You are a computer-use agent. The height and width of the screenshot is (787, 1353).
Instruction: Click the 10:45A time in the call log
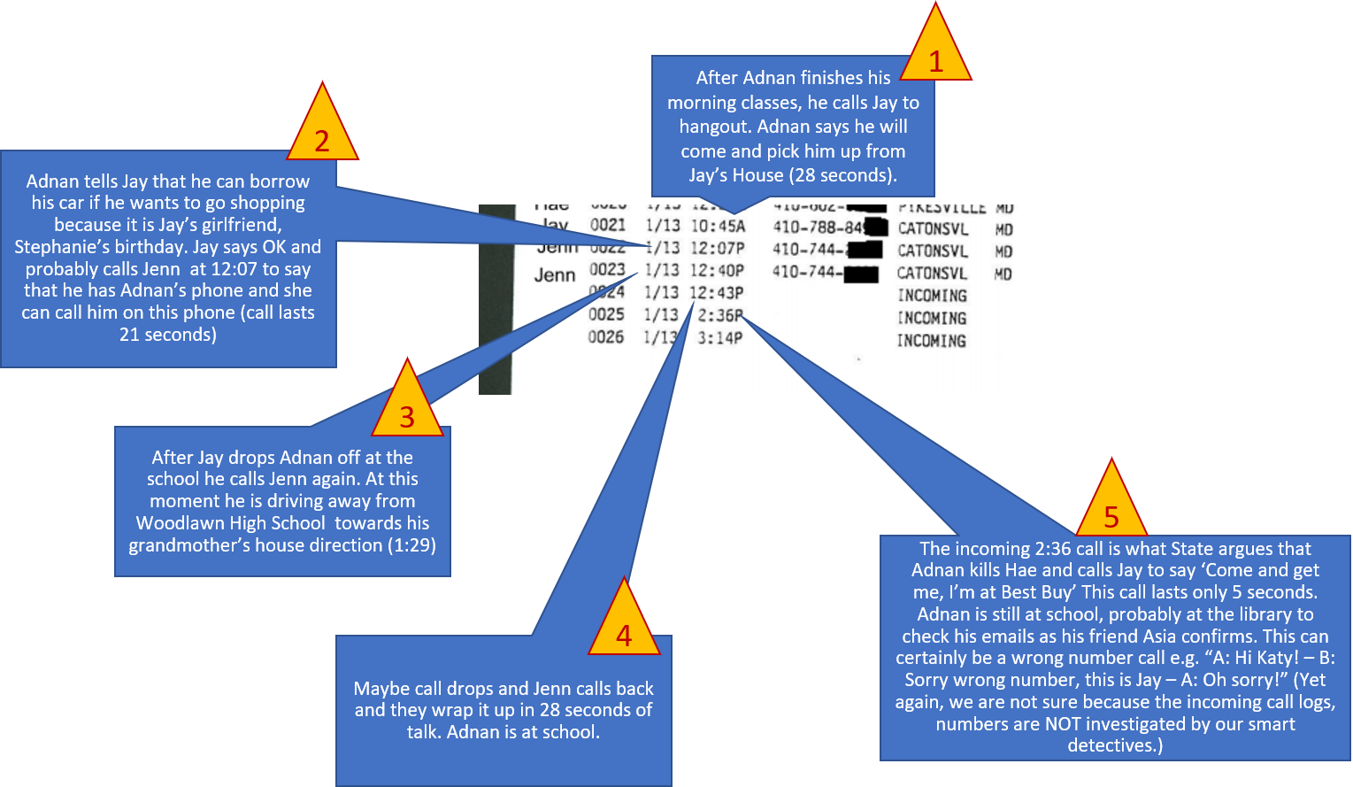(x=718, y=227)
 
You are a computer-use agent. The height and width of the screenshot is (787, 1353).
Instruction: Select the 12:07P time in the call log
(x=718, y=249)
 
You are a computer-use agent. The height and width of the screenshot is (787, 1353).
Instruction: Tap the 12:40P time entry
(x=718, y=271)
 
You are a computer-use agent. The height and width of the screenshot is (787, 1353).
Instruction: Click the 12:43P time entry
(x=718, y=293)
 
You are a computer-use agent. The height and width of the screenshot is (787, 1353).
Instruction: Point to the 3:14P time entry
(x=720, y=337)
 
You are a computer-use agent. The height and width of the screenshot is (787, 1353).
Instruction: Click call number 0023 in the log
(x=607, y=270)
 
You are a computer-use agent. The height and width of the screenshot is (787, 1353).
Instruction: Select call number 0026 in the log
(x=606, y=337)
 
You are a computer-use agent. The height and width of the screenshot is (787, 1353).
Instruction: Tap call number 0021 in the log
(x=608, y=226)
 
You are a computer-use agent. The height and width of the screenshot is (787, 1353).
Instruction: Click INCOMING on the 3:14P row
(x=931, y=341)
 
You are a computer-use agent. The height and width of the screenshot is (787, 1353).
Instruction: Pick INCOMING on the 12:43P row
(x=932, y=296)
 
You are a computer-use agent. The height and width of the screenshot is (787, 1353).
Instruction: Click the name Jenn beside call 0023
(x=555, y=275)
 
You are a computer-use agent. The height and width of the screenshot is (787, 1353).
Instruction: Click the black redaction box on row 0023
(x=860, y=274)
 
